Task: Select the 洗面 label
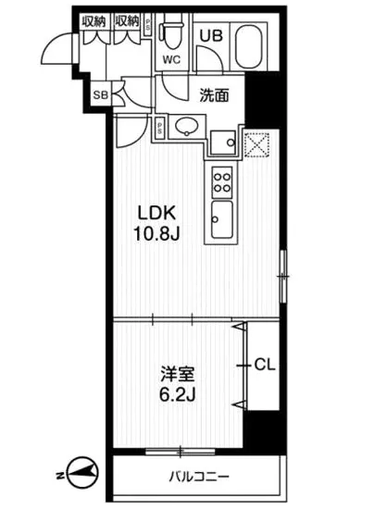coord(214,93)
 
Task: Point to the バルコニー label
coord(198,478)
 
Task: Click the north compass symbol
coord(79,474)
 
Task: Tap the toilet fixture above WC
coord(170,33)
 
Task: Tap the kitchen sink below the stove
coord(222,222)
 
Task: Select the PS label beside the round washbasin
coord(160,127)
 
